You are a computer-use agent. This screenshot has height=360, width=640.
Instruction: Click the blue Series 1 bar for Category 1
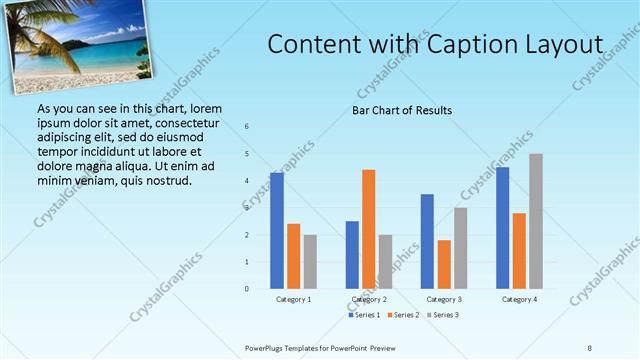coord(277,231)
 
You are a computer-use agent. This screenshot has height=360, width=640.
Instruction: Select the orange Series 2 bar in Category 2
coord(368,229)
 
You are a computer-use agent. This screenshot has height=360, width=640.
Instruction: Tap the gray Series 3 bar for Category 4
coord(536,221)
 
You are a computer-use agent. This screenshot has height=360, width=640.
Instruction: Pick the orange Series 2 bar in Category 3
coord(444,264)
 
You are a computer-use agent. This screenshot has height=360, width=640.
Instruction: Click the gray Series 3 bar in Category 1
coord(310,262)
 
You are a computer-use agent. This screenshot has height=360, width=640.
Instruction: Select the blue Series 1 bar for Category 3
coord(427,241)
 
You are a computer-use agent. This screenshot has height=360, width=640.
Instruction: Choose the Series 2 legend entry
coord(405,315)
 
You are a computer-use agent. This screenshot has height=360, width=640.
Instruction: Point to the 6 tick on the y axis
coord(247,127)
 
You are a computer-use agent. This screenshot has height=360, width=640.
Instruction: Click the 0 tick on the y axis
coord(247,289)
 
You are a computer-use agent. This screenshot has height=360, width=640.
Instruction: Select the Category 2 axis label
coord(369,299)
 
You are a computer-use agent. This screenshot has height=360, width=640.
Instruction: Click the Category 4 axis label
coord(519,299)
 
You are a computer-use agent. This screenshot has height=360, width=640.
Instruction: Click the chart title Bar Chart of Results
coord(402,110)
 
